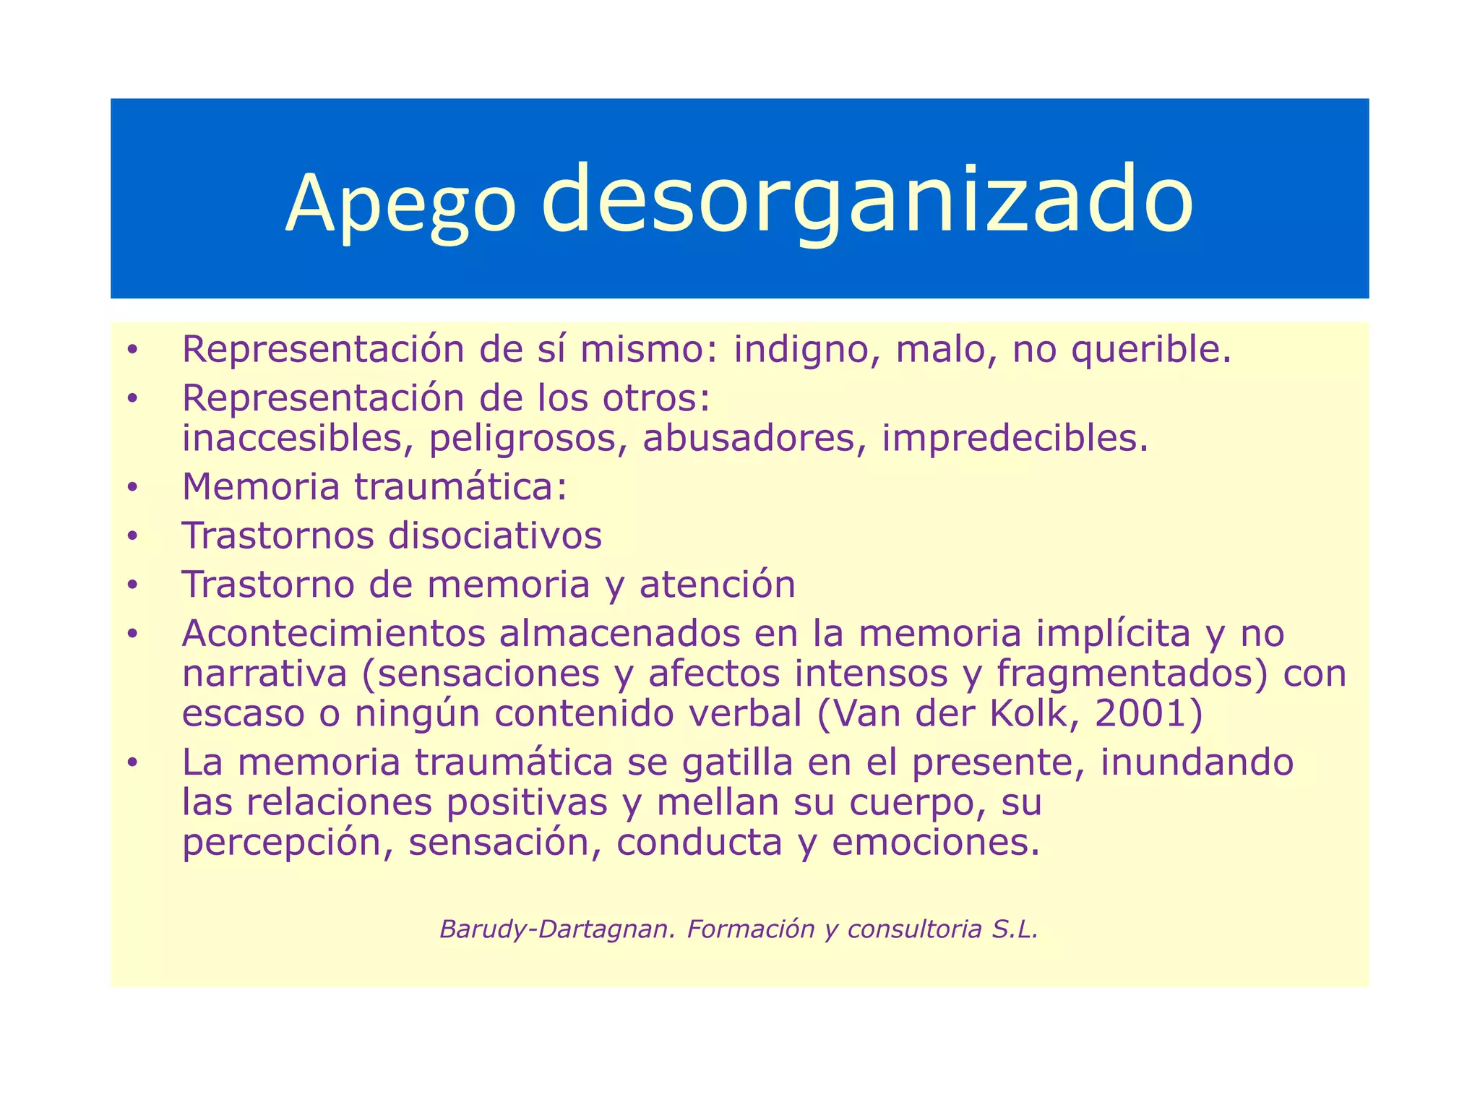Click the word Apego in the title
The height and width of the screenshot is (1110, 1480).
tap(401, 205)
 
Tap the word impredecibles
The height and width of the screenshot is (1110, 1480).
tap(1014, 439)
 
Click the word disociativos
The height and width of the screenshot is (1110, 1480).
tap(495, 535)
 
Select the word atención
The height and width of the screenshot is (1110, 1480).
tap(717, 584)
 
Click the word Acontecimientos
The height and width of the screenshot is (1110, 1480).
tap(333, 633)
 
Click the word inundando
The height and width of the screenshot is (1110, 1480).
tap(1197, 762)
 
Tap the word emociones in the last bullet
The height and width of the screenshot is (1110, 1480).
tap(935, 843)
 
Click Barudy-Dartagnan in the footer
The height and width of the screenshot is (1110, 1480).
tap(556, 929)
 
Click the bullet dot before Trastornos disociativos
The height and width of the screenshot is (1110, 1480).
tap(132, 537)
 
